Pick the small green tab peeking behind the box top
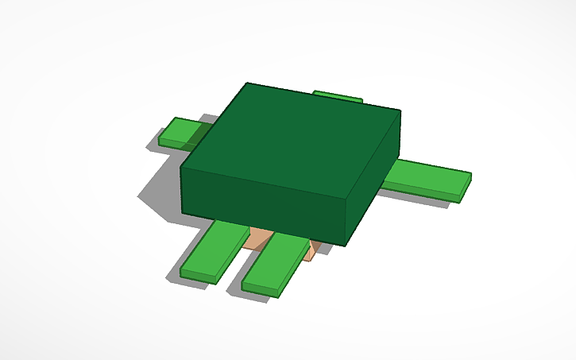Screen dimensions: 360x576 pyautogui.click(x=338, y=96)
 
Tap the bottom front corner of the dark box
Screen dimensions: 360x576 pyautogui.click(x=345, y=243)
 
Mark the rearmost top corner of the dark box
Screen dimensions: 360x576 pyautogui.click(x=247, y=83)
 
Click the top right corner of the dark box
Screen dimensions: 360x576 pyautogui.click(x=400, y=110)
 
